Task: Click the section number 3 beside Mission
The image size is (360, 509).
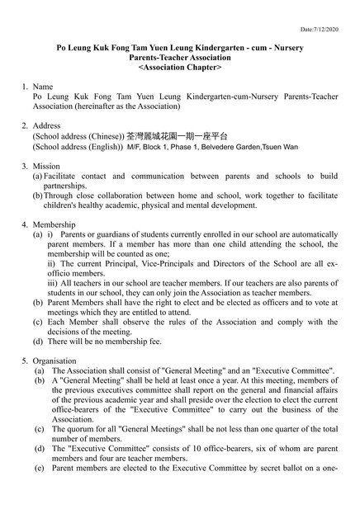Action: pyautogui.click(x=25, y=166)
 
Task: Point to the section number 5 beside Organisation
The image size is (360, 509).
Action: pyautogui.click(x=25, y=361)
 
